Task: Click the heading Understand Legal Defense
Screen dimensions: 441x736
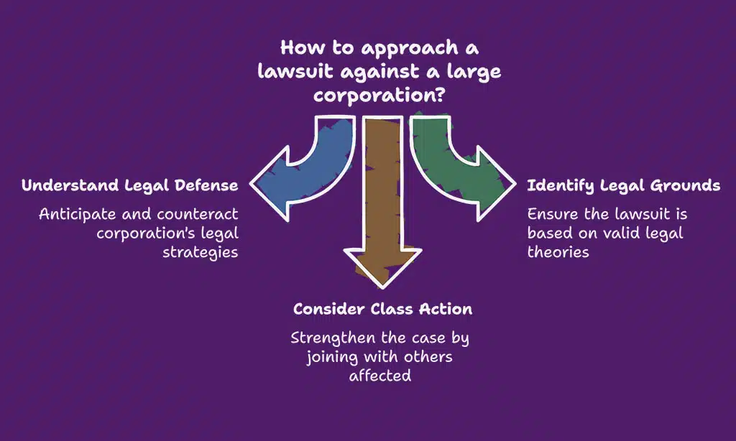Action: [129, 185]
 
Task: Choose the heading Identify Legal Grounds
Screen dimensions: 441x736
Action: [624, 185]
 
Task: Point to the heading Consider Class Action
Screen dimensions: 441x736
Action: [382, 310]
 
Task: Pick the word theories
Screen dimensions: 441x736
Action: [558, 252]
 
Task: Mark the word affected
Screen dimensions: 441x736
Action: [381, 375]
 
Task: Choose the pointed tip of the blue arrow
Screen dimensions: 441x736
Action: [250, 186]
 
